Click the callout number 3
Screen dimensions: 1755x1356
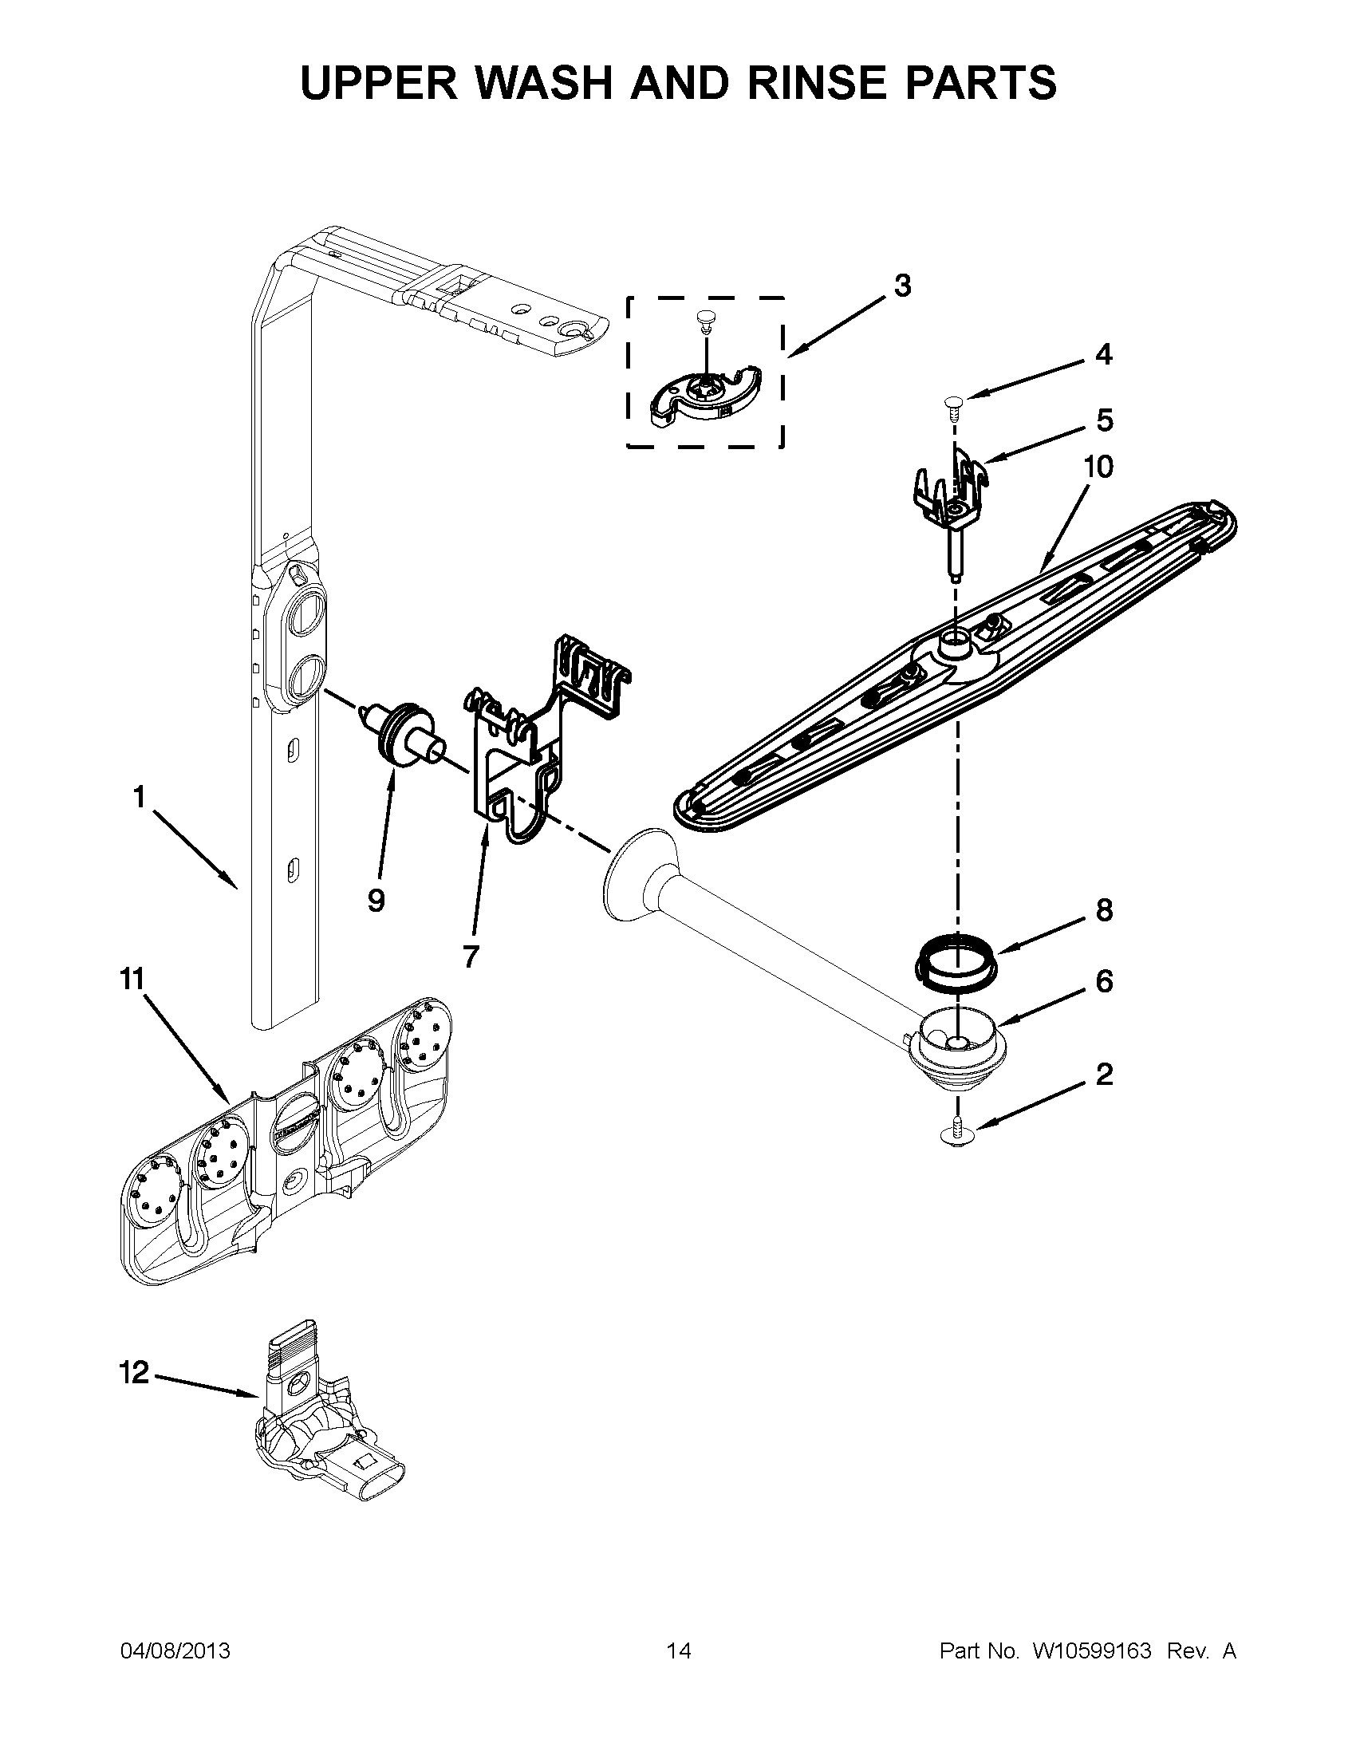902,286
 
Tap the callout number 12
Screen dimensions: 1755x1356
134,1373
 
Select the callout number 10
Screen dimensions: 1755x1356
1098,467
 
